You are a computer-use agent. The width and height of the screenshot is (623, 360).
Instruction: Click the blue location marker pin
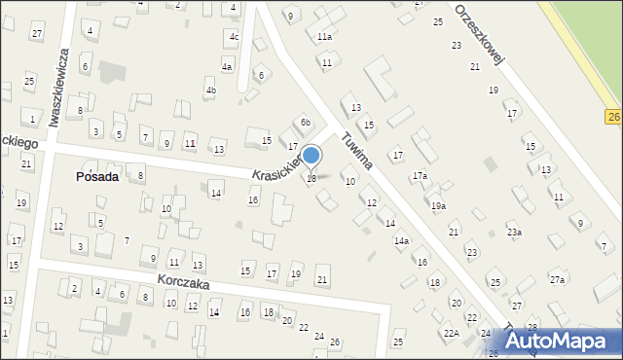(311, 156)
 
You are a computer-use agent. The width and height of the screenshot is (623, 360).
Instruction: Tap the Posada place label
(97, 177)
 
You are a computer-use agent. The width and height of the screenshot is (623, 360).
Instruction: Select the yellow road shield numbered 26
(613, 117)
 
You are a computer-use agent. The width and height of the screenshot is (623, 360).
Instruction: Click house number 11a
(324, 37)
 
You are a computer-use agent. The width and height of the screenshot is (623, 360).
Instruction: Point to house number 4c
(234, 37)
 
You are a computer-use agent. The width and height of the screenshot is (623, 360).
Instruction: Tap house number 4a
(227, 67)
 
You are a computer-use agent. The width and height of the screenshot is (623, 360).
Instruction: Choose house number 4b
(210, 90)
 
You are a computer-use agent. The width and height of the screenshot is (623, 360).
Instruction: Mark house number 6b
(305, 123)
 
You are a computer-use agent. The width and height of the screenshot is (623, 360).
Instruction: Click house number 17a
(419, 176)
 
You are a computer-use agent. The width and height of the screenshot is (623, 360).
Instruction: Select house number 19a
(439, 206)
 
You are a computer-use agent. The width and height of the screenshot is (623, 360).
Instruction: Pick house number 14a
(401, 240)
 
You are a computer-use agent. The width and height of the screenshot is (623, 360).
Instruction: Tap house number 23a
(514, 233)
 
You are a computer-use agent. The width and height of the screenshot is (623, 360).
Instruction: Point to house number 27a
(557, 280)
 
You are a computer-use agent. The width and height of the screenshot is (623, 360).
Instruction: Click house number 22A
(452, 334)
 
